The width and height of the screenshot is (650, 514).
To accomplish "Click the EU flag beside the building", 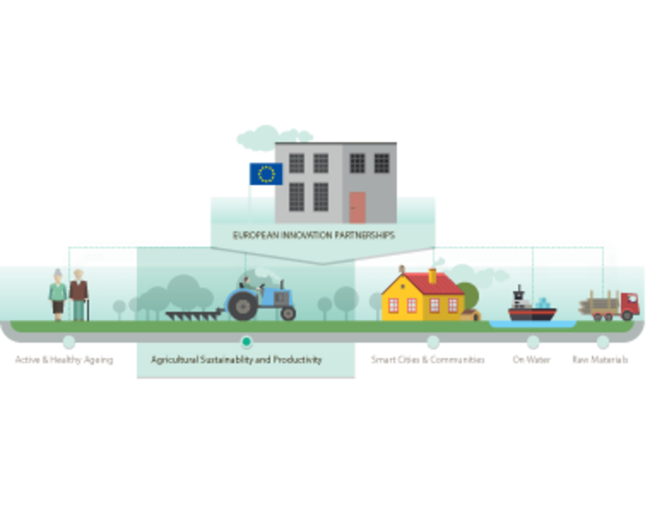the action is click(x=266, y=174).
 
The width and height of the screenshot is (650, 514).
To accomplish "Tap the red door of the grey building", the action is click(x=357, y=208).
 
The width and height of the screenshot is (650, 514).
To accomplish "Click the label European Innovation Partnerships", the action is click(x=314, y=235).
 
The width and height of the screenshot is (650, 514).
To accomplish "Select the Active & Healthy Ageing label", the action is click(x=64, y=360).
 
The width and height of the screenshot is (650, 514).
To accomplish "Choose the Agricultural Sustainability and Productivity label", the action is click(x=236, y=360).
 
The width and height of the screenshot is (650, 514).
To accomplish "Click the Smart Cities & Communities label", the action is click(x=428, y=360).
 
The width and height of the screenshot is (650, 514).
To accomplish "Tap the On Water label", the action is click(x=531, y=360).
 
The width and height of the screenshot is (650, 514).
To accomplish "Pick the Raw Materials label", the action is click(x=600, y=360).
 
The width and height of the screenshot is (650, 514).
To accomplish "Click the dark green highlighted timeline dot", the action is click(x=246, y=342).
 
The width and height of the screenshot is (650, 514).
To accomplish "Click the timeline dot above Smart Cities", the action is click(x=433, y=342).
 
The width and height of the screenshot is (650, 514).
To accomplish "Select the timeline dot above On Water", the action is click(x=533, y=342).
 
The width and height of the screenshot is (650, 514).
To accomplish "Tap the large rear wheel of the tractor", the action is click(x=242, y=306).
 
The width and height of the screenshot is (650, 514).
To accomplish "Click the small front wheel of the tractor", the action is click(x=288, y=314).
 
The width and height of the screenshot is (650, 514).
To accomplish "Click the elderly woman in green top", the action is click(x=58, y=295).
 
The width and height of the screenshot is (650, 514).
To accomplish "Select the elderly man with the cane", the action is click(x=79, y=295).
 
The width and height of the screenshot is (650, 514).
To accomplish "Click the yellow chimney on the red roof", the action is click(x=432, y=276).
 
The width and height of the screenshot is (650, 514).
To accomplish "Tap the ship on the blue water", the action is click(x=532, y=306).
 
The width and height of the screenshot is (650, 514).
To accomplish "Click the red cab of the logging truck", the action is click(x=629, y=305).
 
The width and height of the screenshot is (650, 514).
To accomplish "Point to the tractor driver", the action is click(x=248, y=284).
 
